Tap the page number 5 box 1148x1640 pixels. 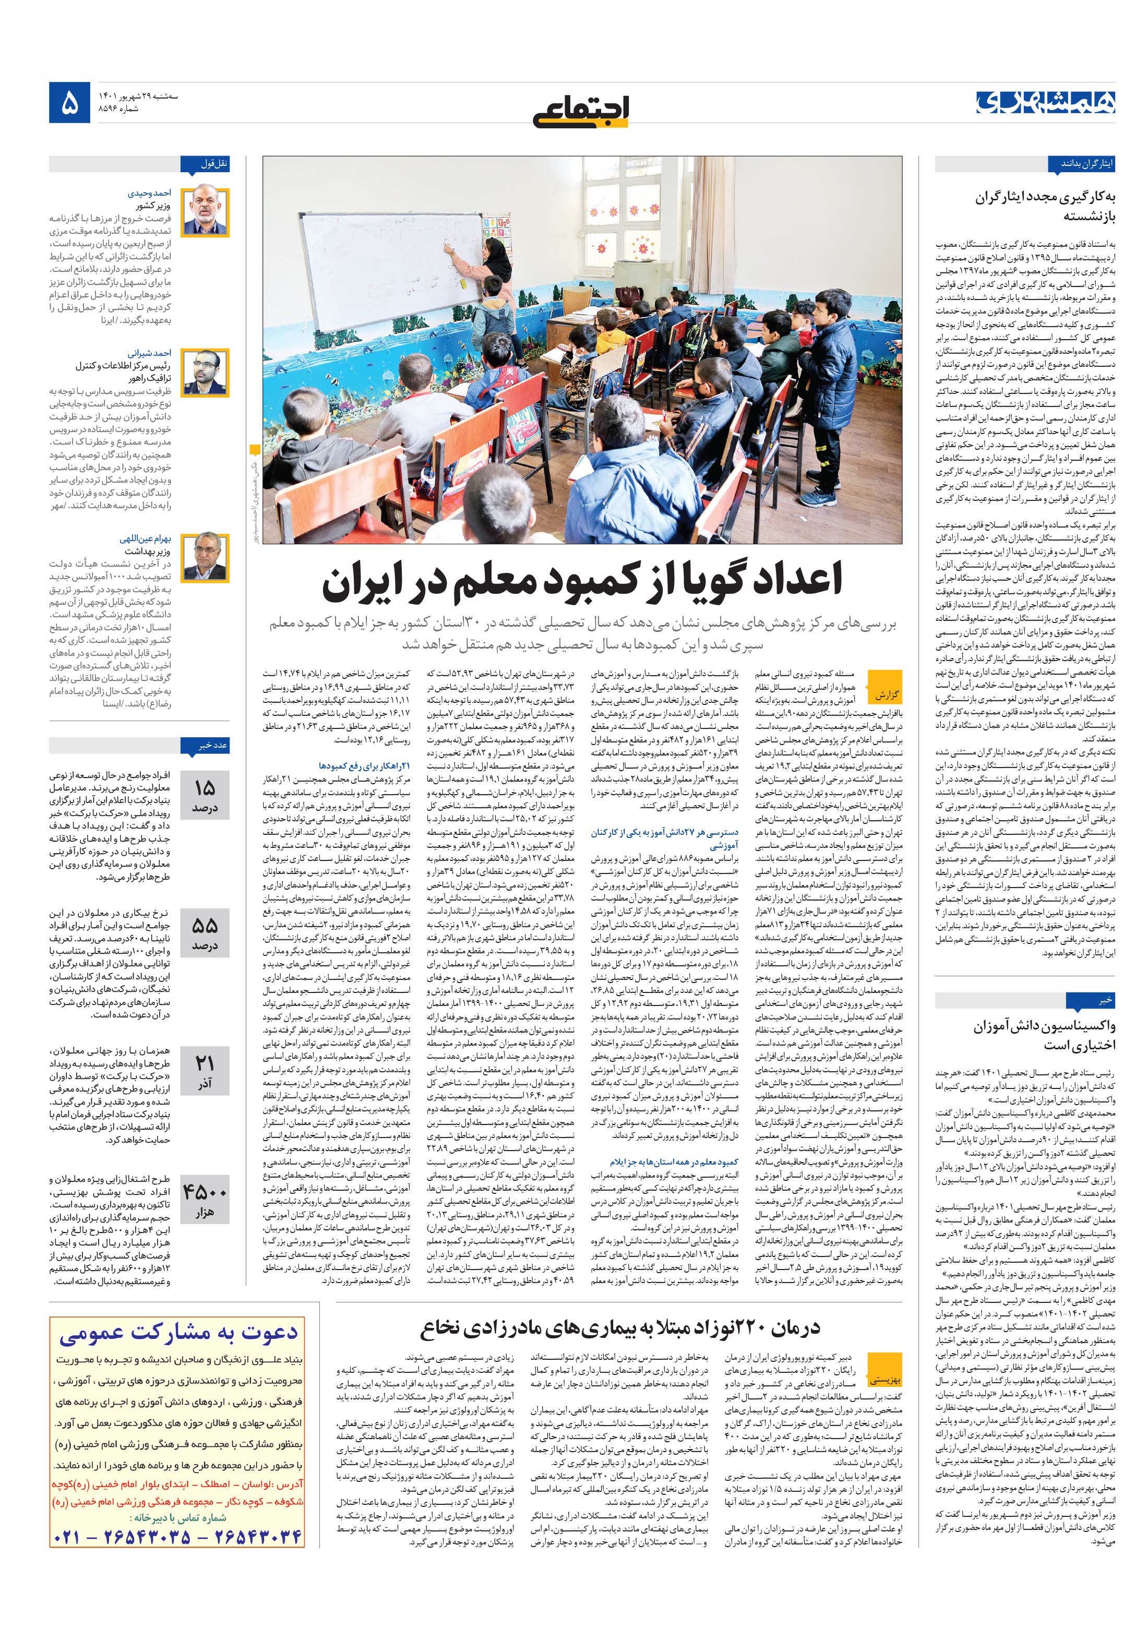(70, 104)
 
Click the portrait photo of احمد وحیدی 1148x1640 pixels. (205, 213)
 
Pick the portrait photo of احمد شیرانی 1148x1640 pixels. (205, 373)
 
